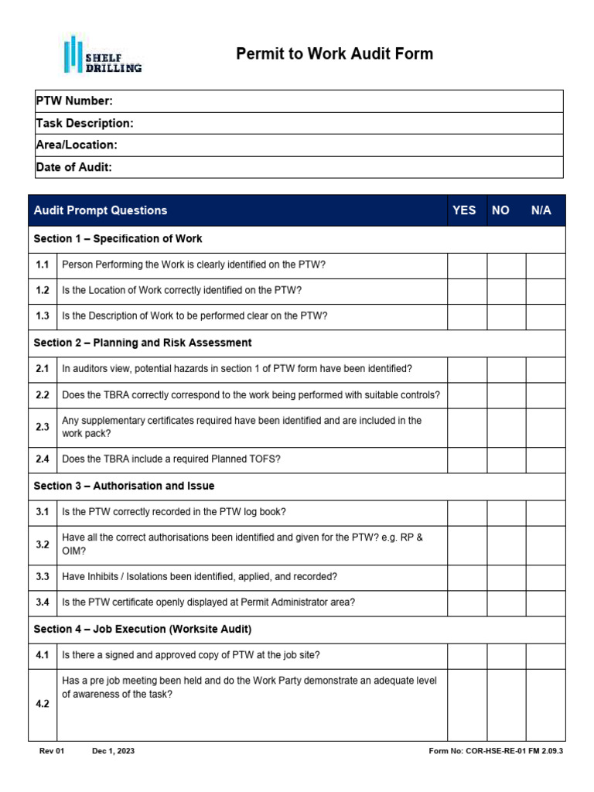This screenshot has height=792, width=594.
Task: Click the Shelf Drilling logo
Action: (101, 55)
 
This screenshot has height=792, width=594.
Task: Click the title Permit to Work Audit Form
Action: (334, 53)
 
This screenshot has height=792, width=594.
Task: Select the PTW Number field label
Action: (74, 101)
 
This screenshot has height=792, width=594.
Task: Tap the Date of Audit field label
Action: (74, 167)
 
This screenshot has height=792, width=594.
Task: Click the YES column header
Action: (464, 210)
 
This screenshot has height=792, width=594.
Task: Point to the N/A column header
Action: (541, 210)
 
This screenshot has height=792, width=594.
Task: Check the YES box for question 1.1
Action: (466, 265)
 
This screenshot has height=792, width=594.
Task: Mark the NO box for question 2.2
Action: (506, 395)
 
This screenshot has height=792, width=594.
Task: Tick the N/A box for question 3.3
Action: (545, 576)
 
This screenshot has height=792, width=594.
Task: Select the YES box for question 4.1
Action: (466, 655)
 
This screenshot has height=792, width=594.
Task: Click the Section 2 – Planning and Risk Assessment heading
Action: (143, 342)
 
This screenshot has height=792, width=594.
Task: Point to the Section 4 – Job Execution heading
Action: (142, 629)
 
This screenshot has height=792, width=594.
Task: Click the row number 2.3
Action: (43, 427)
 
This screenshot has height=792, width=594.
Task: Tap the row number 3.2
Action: (43, 544)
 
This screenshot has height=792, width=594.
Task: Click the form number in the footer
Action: (495, 751)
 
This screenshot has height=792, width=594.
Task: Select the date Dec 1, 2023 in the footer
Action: (113, 751)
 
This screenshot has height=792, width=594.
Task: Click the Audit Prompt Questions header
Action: (101, 210)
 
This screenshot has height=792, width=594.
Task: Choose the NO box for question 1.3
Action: (506, 316)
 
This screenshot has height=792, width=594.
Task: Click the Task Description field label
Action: (84, 123)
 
